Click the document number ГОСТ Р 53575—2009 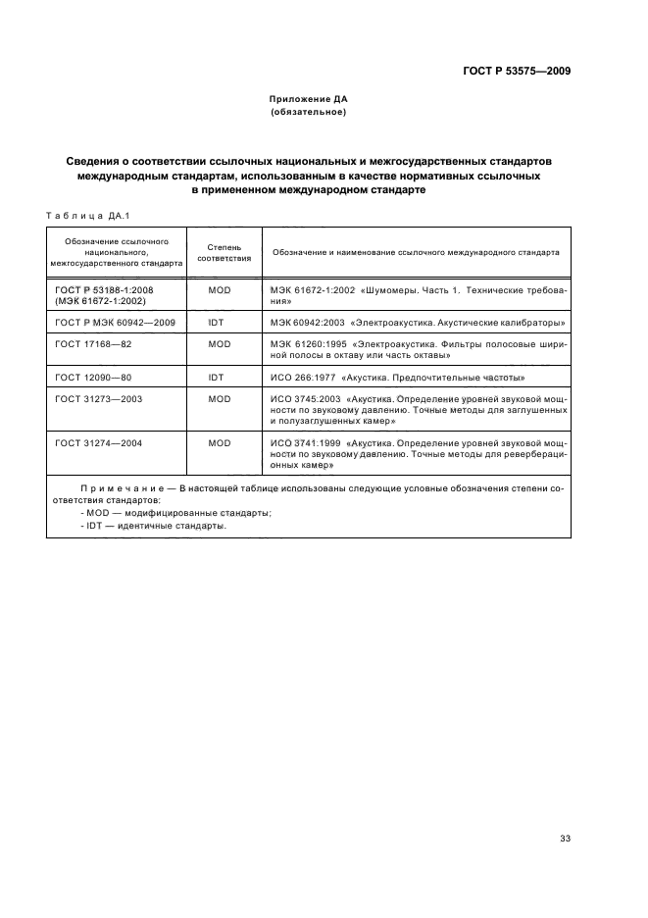[x=517, y=72]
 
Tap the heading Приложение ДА [x=309, y=99]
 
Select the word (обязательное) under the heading [x=309, y=113]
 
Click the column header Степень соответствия [x=224, y=252]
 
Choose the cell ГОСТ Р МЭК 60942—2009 [x=115, y=322]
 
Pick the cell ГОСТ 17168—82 [x=93, y=344]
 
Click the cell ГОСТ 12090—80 [x=93, y=377]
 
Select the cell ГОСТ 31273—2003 [x=99, y=399]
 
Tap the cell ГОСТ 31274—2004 [x=99, y=443]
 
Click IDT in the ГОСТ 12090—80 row [x=217, y=377]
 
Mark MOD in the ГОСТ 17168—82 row [x=220, y=344]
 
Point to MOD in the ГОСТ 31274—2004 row [x=220, y=443]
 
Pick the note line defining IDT [x=153, y=526]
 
